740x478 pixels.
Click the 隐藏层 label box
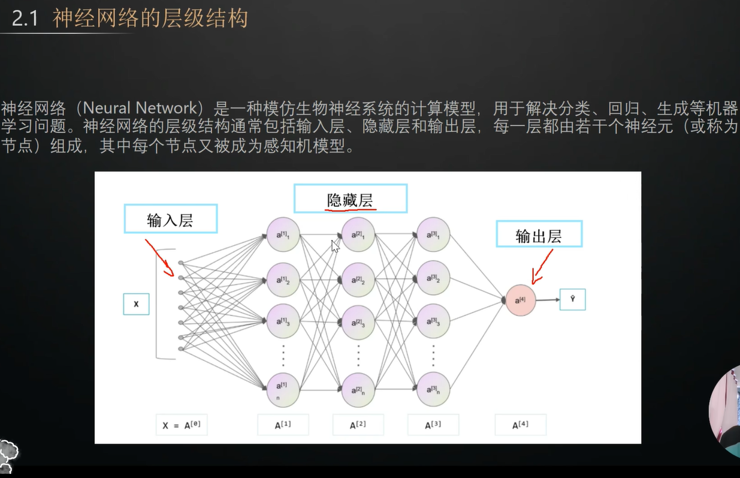(x=351, y=199)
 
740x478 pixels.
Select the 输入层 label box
(x=170, y=219)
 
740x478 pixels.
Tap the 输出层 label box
(x=539, y=234)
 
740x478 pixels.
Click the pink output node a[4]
(x=520, y=300)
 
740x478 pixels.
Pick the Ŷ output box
(x=572, y=299)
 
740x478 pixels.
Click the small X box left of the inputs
(x=136, y=304)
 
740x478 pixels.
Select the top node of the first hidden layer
(x=283, y=235)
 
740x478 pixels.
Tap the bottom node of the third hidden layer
(x=433, y=389)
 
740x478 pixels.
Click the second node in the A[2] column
(x=358, y=280)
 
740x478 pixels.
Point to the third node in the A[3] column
(x=433, y=321)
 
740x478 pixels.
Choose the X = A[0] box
(x=182, y=425)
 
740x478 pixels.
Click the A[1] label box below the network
(x=283, y=425)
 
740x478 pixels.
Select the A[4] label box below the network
(x=520, y=425)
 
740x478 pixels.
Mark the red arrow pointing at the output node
(x=542, y=267)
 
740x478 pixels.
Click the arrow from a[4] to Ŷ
(x=548, y=300)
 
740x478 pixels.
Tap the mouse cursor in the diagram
(x=335, y=246)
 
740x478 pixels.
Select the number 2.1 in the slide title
(x=25, y=19)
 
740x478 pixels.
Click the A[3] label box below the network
(x=433, y=425)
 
